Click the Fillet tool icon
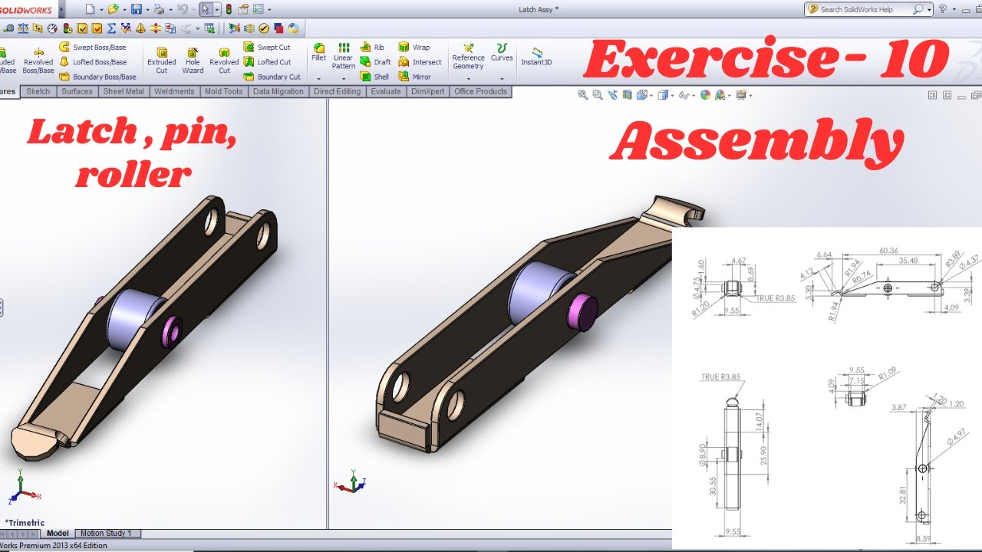click(318, 51)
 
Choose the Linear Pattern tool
click(343, 56)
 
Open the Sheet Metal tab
click(124, 91)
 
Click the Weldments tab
click(174, 91)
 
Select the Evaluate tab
click(385, 91)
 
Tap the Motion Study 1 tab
click(107, 534)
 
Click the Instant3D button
click(536, 57)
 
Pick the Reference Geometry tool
click(468, 56)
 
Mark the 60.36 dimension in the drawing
click(888, 250)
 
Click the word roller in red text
click(133, 175)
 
